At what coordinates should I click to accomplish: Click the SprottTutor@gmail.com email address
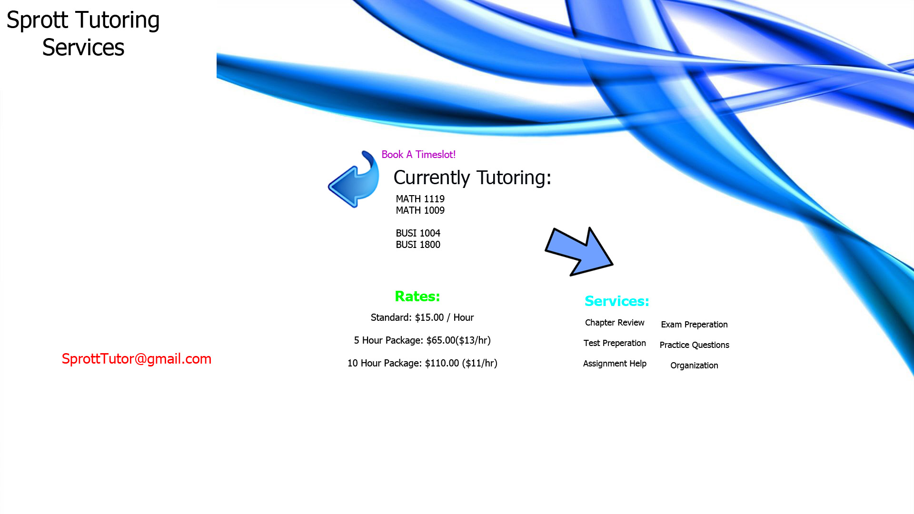(x=137, y=359)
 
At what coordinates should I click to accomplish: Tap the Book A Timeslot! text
(x=418, y=155)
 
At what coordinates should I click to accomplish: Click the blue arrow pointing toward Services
(x=579, y=251)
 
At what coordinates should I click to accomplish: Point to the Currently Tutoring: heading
(x=472, y=178)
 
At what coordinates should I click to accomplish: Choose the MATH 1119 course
(x=420, y=199)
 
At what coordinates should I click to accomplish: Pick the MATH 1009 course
(x=420, y=210)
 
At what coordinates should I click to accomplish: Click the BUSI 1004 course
(x=418, y=233)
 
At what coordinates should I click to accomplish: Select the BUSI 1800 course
(x=418, y=245)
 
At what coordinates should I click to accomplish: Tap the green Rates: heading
(x=417, y=297)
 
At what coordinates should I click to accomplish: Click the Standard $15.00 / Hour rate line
(x=422, y=317)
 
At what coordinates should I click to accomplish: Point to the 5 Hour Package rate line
(x=422, y=340)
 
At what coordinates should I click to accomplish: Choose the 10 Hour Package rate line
(x=422, y=363)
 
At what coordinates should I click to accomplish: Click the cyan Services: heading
(x=617, y=301)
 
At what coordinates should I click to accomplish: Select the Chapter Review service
(x=615, y=323)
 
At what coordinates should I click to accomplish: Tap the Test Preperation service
(x=615, y=343)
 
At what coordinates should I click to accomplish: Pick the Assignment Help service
(x=615, y=364)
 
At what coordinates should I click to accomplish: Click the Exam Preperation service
(x=694, y=325)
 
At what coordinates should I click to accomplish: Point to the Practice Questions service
(x=694, y=345)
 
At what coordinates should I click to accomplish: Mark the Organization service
(x=694, y=366)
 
